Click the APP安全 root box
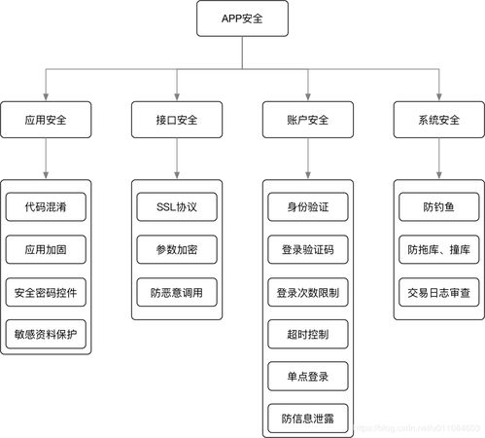tap(242, 18)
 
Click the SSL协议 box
tap(177, 206)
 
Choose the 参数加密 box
tap(177, 248)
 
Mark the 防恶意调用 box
tap(177, 291)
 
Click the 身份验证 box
tap(308, 206)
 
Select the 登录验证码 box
tap(308, 248)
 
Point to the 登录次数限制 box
tap(308, 291)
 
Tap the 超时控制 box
tap(308, 334)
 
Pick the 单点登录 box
tap(308, 376)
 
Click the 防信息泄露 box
tap(308, 419)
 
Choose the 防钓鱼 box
tap(439, 206)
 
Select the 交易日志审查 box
tap(439, 291)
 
